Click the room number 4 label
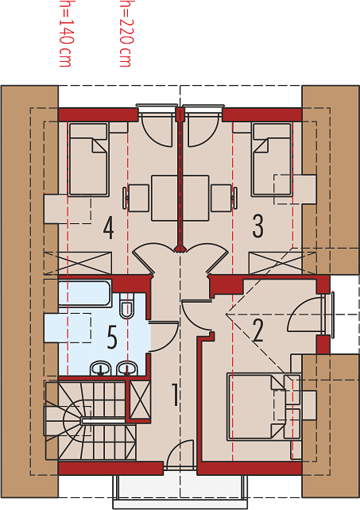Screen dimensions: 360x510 (x=109, y=228)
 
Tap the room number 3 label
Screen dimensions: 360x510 (x=257, y=226)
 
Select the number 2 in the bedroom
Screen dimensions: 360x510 (x=257, y=330)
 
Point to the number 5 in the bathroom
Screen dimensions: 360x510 (x=111, y=338)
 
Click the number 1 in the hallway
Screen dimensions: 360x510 (x=175, y=395)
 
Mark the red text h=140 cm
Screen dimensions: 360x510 (x=65, y=33)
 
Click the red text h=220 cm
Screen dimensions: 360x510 (x=126, y=33)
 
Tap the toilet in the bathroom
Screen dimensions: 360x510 (x=126, y=307)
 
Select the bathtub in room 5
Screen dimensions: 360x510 (x=85, y=293)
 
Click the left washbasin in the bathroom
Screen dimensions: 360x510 (x=101, y=368)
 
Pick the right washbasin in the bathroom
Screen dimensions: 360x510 (x=127, y=368)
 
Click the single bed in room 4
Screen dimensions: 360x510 (x=88, y=160)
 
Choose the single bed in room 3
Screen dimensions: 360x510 (x=272, y=160)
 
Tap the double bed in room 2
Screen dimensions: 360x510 (x=257, y=407)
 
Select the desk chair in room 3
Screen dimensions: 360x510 (x=224, y=198)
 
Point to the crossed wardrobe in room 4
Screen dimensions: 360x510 (x=78, y=263)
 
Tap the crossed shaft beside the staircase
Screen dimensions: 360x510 (x=140, y=400)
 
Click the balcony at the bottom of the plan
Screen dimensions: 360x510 (x=180, y=490)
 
